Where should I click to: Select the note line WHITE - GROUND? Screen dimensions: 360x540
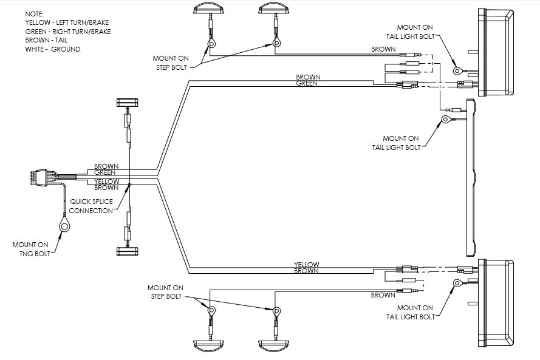tap(53, 49)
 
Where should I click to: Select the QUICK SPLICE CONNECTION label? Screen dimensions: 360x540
tap(91, 206)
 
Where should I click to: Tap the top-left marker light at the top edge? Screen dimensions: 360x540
tap(208, 8)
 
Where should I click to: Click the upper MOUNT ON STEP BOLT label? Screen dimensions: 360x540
tap(171, 63)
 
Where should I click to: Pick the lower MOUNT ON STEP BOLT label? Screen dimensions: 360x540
tap(165, 291)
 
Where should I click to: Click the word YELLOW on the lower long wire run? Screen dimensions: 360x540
tap(307, 265)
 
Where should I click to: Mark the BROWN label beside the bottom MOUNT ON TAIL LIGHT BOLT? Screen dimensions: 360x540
tap(383, 296)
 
